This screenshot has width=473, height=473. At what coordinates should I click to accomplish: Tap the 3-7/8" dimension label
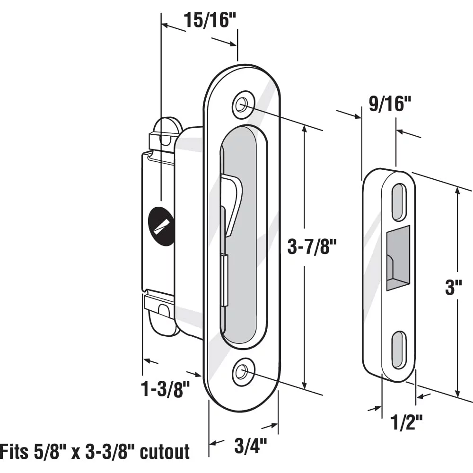[x=312, y=246]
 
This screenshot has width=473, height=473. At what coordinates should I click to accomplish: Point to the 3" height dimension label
[x=454, y=287]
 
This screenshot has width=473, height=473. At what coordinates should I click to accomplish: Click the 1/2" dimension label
[x=406, y=422]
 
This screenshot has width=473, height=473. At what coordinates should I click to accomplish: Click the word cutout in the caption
[x=165, y=452]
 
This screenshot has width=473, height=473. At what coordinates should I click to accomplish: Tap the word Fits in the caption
[x=13, y=452]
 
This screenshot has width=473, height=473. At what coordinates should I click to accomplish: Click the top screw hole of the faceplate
[x=243, y=105]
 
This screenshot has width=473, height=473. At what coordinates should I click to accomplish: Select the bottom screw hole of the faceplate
[x=243, y=373]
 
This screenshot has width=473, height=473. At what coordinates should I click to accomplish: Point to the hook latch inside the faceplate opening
[x=230, y=208]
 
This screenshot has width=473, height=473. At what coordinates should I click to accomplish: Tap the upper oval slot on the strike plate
[x=399, y=202]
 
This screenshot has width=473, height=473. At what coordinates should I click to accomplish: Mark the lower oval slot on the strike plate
[x=399, y=350]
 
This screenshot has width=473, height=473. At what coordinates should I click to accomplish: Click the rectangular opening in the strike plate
[x=398, y=258]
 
